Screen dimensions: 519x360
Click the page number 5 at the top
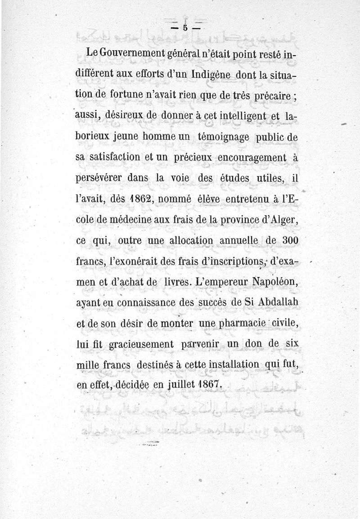[185, 27]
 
